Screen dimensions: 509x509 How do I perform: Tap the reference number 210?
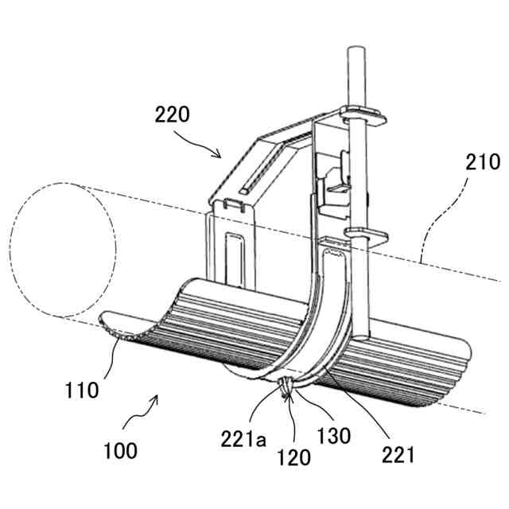tap(482, 163)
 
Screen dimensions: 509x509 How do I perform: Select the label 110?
tap(83, 390)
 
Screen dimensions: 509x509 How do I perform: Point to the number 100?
tap(119, 451)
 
